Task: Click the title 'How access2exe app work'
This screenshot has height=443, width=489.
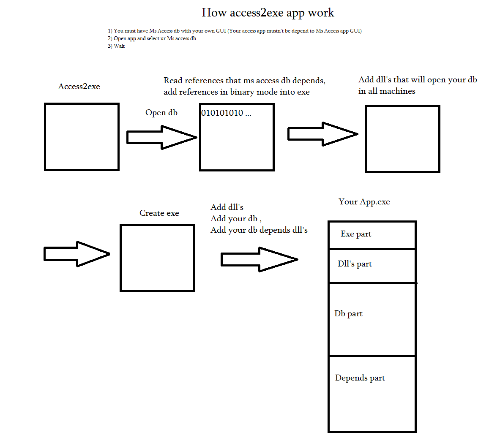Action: click(x=268, y=13)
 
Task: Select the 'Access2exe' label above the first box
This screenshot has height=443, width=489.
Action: click(x=79, y=86)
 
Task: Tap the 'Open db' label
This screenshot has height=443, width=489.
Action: click(x=161, y=113)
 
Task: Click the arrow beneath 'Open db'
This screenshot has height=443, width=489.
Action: click(x=162, y=137)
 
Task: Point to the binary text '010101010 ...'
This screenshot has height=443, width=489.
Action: click(x=226, y=113)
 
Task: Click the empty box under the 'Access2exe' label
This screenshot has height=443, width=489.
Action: click(x=45, y=137)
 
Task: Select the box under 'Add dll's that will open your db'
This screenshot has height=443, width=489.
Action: click(x=366, y=139)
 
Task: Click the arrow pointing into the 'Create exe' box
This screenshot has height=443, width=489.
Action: click(x=77, y=254)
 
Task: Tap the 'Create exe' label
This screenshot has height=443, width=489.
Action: click(x=159, y=213)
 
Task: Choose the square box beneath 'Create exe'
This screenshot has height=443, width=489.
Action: click(x=121, y=258)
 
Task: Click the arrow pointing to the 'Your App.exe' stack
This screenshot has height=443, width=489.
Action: click(x=260, y=259)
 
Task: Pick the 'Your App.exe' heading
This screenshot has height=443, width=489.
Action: click(x=364, y=202)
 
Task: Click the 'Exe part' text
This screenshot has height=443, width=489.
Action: click(x=356, y=234)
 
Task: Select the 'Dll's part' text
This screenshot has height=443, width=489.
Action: click(x=355, y=264)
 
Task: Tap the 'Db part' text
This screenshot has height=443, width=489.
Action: click(x=348, y=314)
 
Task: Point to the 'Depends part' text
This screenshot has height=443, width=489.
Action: click(x=360, y=378)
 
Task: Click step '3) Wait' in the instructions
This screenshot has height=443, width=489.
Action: click(x=116, y=46)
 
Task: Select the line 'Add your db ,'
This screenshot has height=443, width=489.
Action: click(x=236, y=219)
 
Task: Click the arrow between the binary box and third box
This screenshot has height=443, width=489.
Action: click(x=323, y=134)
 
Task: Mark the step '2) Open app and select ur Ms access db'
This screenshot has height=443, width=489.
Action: click(x=152, y=38)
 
